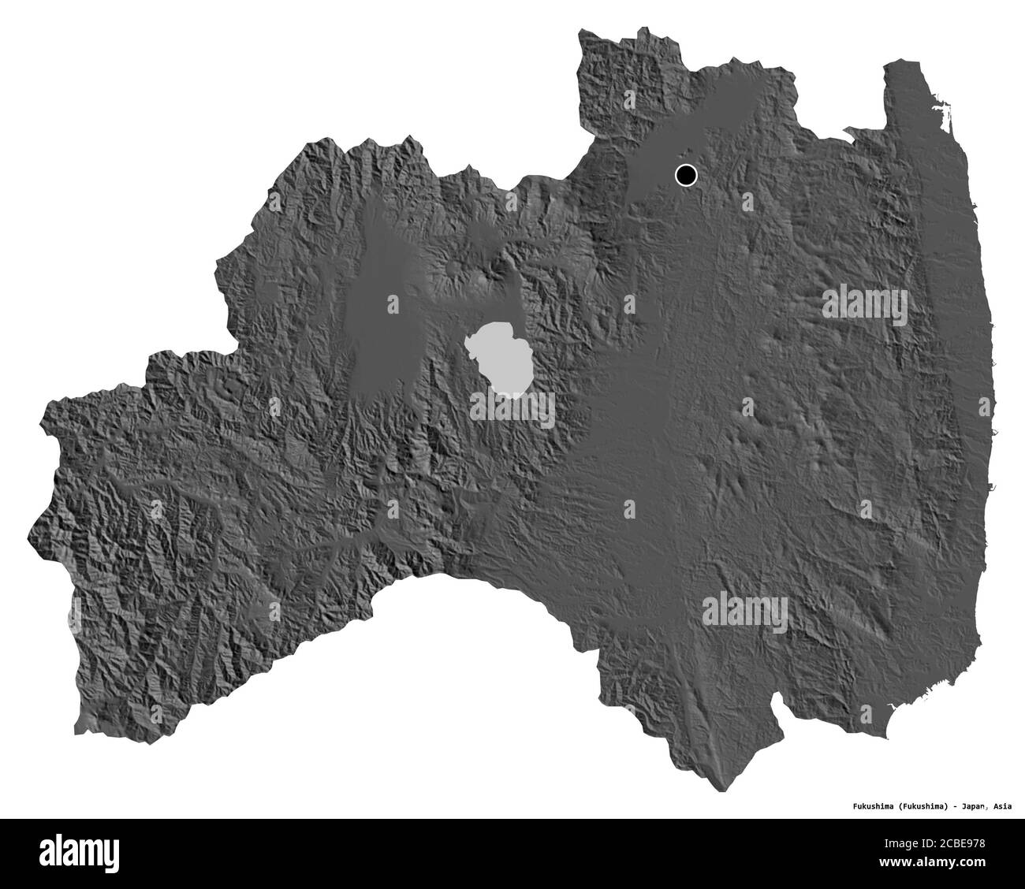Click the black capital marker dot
pyautogui.click(x=686, y=175)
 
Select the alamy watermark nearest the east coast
pyautogui.click(x=865, y=302)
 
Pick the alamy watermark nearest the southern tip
pyautogui.click(x=744, y=608)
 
